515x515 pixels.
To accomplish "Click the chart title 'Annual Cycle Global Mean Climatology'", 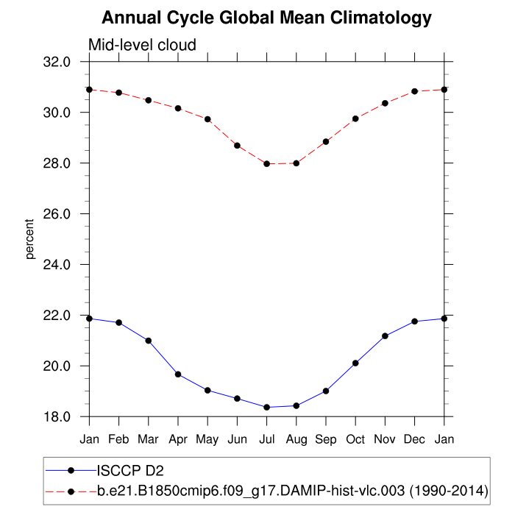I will point(266,18).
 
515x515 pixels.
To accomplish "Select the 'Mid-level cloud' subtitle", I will point(142,45).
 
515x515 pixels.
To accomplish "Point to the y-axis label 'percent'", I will point(30,238).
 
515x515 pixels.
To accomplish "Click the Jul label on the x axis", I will point(266,439).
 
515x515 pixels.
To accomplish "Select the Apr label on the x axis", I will point(178,439).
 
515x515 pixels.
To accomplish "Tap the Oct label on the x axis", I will point(355,439).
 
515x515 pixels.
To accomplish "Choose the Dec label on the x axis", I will point(414,439).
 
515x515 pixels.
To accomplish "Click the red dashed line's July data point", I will point(266,163).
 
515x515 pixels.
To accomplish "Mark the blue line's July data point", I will point(266,407).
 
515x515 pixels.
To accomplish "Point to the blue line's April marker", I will point(178,374).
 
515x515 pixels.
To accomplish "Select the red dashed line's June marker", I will point(237,146).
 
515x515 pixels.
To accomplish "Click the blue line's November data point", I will point(385,336).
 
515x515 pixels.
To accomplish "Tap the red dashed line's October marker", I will point(355,118).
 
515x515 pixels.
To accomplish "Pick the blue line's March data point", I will point(149,341).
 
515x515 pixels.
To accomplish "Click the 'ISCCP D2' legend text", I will point(127,470).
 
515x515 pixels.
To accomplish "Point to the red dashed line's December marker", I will point(414,91).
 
